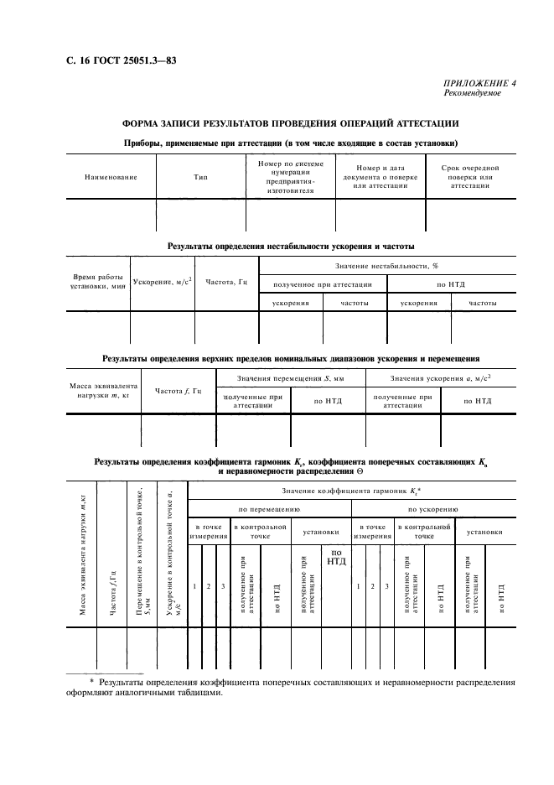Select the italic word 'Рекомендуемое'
pos(472,93)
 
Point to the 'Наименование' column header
pos(111,177)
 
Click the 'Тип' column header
pos(200,177)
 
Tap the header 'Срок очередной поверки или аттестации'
pos(469,177)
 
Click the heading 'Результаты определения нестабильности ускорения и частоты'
pos(290,247)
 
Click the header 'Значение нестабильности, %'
pos(388,266)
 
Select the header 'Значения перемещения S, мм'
pos(290,379)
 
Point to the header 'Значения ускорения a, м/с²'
pos(440,379)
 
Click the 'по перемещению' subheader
pos(269,509)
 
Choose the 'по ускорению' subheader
pos(432,509)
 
